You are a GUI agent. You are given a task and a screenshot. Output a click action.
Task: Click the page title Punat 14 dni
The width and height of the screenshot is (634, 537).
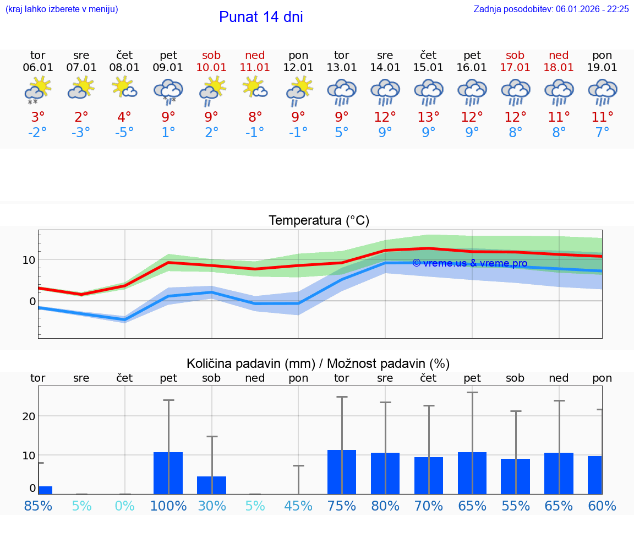tap(261, 17)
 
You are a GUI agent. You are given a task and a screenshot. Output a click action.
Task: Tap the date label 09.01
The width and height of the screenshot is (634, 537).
tap(168, 68)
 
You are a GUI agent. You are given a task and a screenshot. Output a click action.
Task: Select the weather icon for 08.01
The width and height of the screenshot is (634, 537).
tap(124, 88)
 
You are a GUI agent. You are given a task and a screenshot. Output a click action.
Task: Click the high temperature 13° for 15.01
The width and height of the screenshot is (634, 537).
tap(428, 117)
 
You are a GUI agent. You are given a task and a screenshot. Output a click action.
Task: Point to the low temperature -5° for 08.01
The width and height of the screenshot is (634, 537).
tap(124, 133)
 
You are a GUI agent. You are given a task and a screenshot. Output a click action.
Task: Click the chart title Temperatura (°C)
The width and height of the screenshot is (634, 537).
tap(319, 221)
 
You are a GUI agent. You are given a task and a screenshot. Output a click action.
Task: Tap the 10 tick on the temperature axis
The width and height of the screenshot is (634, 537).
tap(29, 259)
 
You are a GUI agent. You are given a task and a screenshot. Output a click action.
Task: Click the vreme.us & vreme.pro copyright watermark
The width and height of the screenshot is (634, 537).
tap(469, 263)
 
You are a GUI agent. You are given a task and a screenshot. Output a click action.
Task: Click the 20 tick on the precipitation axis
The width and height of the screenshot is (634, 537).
tap(29, 416)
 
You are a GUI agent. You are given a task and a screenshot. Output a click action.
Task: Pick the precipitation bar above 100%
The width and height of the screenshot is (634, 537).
tap(168, 473)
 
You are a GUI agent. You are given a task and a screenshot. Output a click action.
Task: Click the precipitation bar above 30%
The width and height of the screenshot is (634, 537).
tap(212, 485)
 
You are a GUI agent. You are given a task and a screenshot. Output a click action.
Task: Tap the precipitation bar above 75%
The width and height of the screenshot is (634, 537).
tap(342, 472)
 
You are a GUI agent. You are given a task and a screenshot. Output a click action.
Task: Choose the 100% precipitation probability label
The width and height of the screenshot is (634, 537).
tap(168, 506)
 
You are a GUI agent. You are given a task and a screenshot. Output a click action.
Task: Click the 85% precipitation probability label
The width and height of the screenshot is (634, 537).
tap(38, 506)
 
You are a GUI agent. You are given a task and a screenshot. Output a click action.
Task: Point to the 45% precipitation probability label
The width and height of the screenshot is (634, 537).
tap(298, 506)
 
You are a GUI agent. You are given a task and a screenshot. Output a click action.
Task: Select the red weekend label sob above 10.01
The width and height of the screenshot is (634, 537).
tap(211, 55)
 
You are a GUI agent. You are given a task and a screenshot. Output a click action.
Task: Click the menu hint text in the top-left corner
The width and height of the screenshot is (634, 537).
tap(62, 9)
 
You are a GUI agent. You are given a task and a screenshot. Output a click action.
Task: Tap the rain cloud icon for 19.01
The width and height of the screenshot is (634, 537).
tap(602, 92)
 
